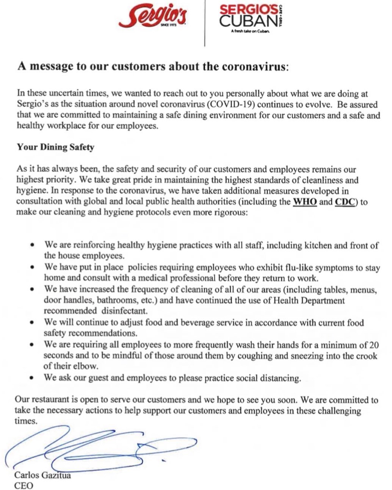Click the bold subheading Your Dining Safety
coord(55,147)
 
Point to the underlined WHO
coord(305,202)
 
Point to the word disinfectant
coord(124,311)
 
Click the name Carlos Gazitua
coord(42,475)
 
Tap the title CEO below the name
coord(24,485)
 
